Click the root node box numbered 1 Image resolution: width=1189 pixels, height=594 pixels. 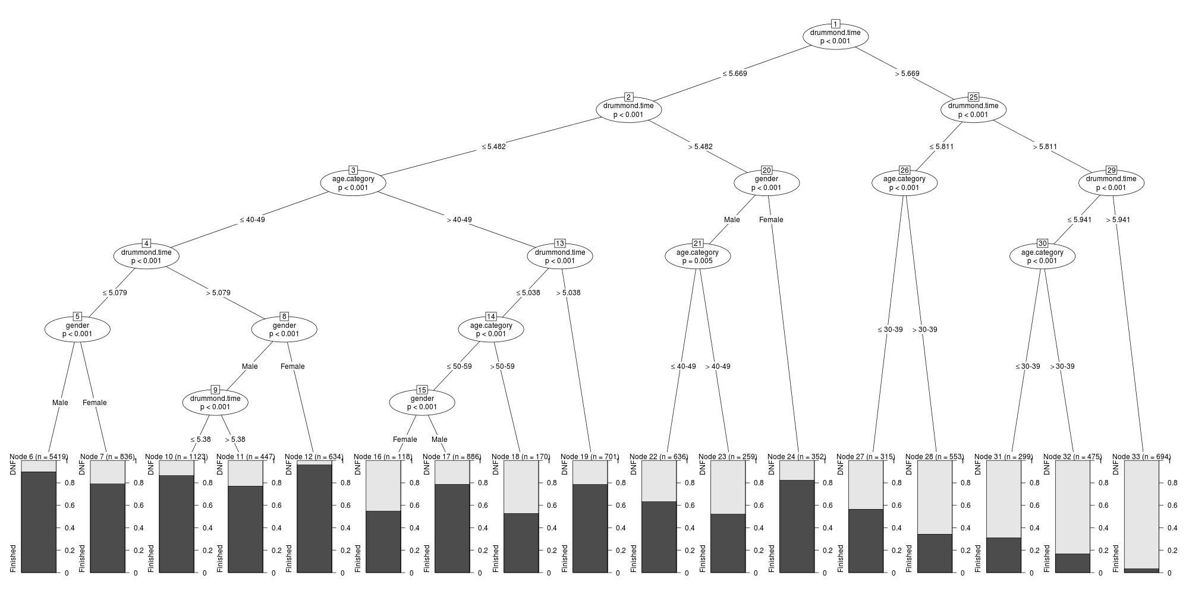[835, 24]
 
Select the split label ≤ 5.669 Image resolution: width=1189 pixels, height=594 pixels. [734, 74]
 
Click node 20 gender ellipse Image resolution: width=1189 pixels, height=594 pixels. [766, 184]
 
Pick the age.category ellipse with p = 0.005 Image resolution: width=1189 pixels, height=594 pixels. [697, 257]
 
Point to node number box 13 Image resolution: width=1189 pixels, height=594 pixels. [559, 244]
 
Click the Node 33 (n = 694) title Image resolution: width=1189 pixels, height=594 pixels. [1141, 457]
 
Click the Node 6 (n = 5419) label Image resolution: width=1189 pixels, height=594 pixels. [39, 457]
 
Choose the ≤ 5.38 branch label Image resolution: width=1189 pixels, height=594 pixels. [200, 440]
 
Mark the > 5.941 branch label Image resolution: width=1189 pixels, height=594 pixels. [1118, 220]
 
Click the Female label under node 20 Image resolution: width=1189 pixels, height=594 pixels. [771, 220]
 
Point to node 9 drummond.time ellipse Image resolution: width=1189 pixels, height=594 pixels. [215, 403]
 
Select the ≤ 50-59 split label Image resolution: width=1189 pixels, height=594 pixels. [459, 366]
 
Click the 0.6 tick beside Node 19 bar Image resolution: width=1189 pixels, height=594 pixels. [620, 505]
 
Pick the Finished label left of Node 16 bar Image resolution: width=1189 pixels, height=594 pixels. [357, 558]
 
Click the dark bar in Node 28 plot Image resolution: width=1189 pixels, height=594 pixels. [935, 553]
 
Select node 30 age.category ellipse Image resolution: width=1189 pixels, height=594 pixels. [1042, 257]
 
